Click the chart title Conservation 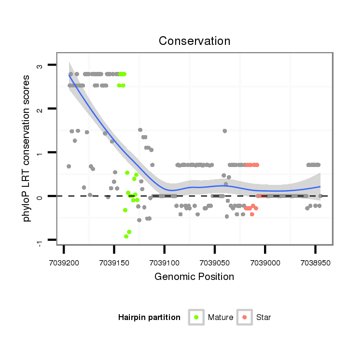click(195, 41)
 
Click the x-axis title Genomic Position click(194, 277)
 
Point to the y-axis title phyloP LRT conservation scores click(27, 149)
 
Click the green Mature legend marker click(196, 317)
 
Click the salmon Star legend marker click(245, 317)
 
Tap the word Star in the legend click(264, 317)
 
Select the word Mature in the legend click(221, 317)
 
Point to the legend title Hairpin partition click(149, 317)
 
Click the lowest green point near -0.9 click(126, 237)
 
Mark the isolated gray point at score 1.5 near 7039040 click(224, 131)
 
